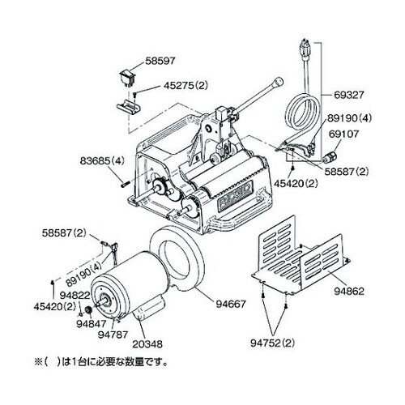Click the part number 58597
click(160, 61)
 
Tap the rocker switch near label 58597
click(126, 78)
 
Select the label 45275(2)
click(186, 86)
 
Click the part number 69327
click(348, 95)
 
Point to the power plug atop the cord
click(305, 50)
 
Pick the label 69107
click(344, 134)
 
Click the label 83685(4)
click(102, 161)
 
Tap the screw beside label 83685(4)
click(126, 185)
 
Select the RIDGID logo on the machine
click(234, 194)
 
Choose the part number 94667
click(231, 305)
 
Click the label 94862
click(349, 291)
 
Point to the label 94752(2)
click(273, 343)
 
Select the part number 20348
click(147, 344)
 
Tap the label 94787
click(113, 335)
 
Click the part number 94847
click(92, 324)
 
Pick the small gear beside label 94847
click(87, 311)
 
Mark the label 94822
click(75, 296)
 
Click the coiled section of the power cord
click(304, 113)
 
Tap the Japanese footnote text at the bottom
click(101, 362)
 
